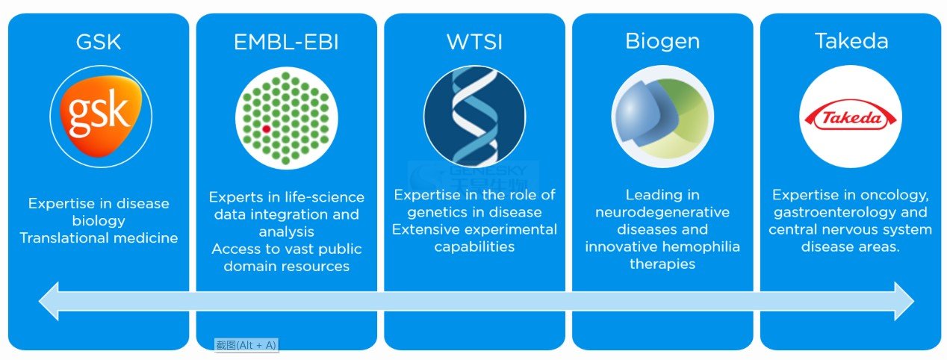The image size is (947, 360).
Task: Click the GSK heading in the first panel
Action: (99, 42)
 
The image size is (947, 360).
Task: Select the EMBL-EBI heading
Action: (286, 43)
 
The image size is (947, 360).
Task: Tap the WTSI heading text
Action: (474, 43)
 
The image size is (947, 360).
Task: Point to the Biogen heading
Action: (662, 42)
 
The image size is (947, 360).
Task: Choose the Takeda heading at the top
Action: (851, 41)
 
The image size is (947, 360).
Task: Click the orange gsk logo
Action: (101, 117)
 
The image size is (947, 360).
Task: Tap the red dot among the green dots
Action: (267, 129)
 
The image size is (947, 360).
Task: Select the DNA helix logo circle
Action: (474, 116)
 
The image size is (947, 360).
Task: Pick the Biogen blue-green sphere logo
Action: (662, 117)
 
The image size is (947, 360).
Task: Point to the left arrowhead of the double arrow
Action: (49, 301)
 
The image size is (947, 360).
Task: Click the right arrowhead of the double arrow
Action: (904, 301)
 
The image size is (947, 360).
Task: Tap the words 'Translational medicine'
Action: (99, 238)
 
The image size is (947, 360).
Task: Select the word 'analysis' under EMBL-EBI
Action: (286, 232)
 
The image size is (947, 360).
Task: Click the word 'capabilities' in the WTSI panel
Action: (474, 246)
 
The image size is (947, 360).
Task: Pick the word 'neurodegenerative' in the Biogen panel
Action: (662, 212)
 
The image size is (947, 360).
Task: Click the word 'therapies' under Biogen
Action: (662, 264)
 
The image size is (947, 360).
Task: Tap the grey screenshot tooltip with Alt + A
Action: (246, 345)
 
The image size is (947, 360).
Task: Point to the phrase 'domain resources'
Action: (286, 266)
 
